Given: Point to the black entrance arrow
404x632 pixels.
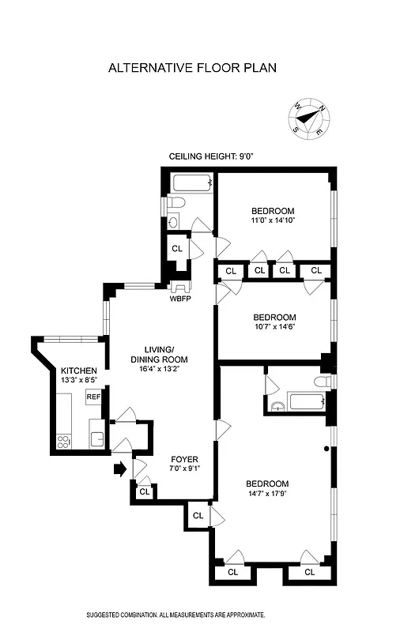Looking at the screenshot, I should (119, 469).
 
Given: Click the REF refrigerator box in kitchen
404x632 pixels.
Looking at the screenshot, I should (93, 397).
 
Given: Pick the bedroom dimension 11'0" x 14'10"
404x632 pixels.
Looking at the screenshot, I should (273, 221).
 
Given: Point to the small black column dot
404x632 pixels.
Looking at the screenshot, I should (327, 450).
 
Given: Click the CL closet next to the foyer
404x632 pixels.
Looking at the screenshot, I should (144, 491).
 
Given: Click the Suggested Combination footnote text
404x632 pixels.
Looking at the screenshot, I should (176, 614).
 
